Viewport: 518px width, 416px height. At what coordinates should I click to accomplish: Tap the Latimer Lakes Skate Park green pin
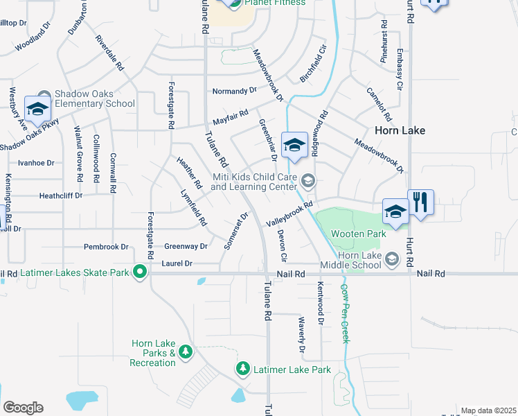click(140, 272)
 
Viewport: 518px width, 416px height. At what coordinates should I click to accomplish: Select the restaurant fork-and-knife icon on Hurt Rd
click(420, 202)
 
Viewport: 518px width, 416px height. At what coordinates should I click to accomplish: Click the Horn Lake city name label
click(400, 130)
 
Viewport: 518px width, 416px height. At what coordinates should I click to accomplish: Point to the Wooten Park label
click(358, 234)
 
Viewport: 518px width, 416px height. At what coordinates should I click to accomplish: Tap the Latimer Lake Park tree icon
click(242, 369)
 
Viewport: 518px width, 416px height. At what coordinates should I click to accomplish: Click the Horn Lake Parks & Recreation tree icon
click(185, 353)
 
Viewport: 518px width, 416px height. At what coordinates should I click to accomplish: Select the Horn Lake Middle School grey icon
click(392, 259)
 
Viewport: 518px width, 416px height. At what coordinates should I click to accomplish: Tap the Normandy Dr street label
click(234, 91)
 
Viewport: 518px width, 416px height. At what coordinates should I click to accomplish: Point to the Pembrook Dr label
click(106, 247)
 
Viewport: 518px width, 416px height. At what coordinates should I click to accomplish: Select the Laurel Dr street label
click(177, 263)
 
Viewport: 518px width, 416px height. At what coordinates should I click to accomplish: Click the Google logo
click(23, 408)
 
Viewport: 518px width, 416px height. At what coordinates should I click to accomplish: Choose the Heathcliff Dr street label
click(61, 196)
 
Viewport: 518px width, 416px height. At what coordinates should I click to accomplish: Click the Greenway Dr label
click(186, 247)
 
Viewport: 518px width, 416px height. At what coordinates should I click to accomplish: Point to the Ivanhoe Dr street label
click(36, 163)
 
